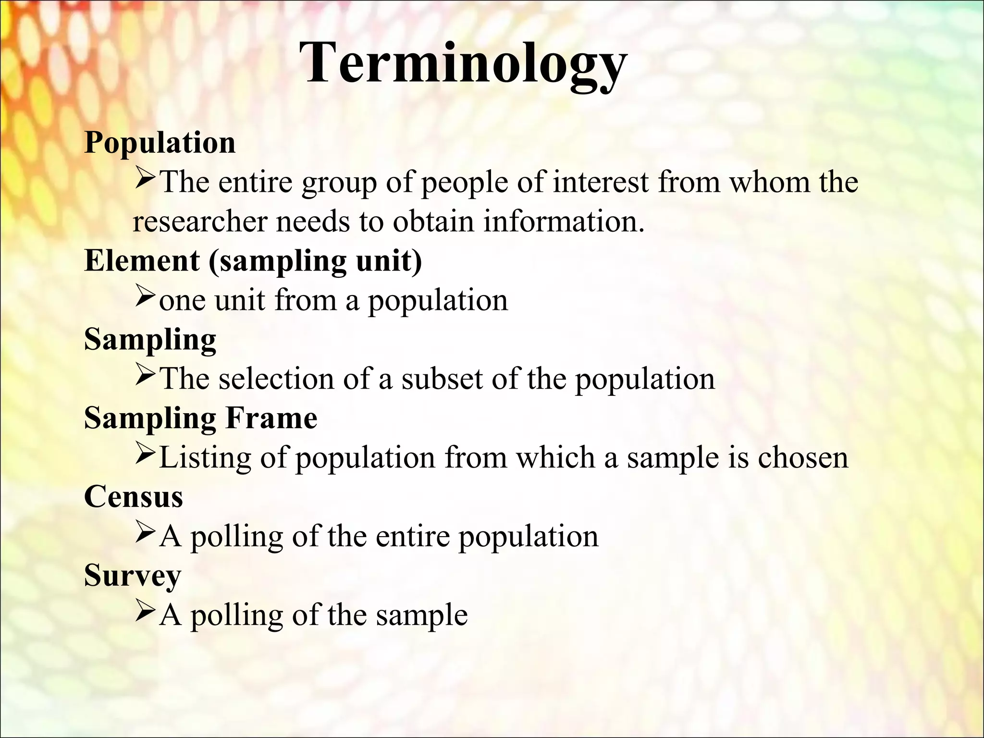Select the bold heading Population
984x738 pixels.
tap(160, 143)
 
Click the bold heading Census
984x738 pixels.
tap(134, 496)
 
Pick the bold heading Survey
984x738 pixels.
tap(133, 575)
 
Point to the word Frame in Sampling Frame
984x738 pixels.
tap(271, 418)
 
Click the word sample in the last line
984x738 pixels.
tap(421, 615)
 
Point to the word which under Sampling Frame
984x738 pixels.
tap(555, 457)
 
